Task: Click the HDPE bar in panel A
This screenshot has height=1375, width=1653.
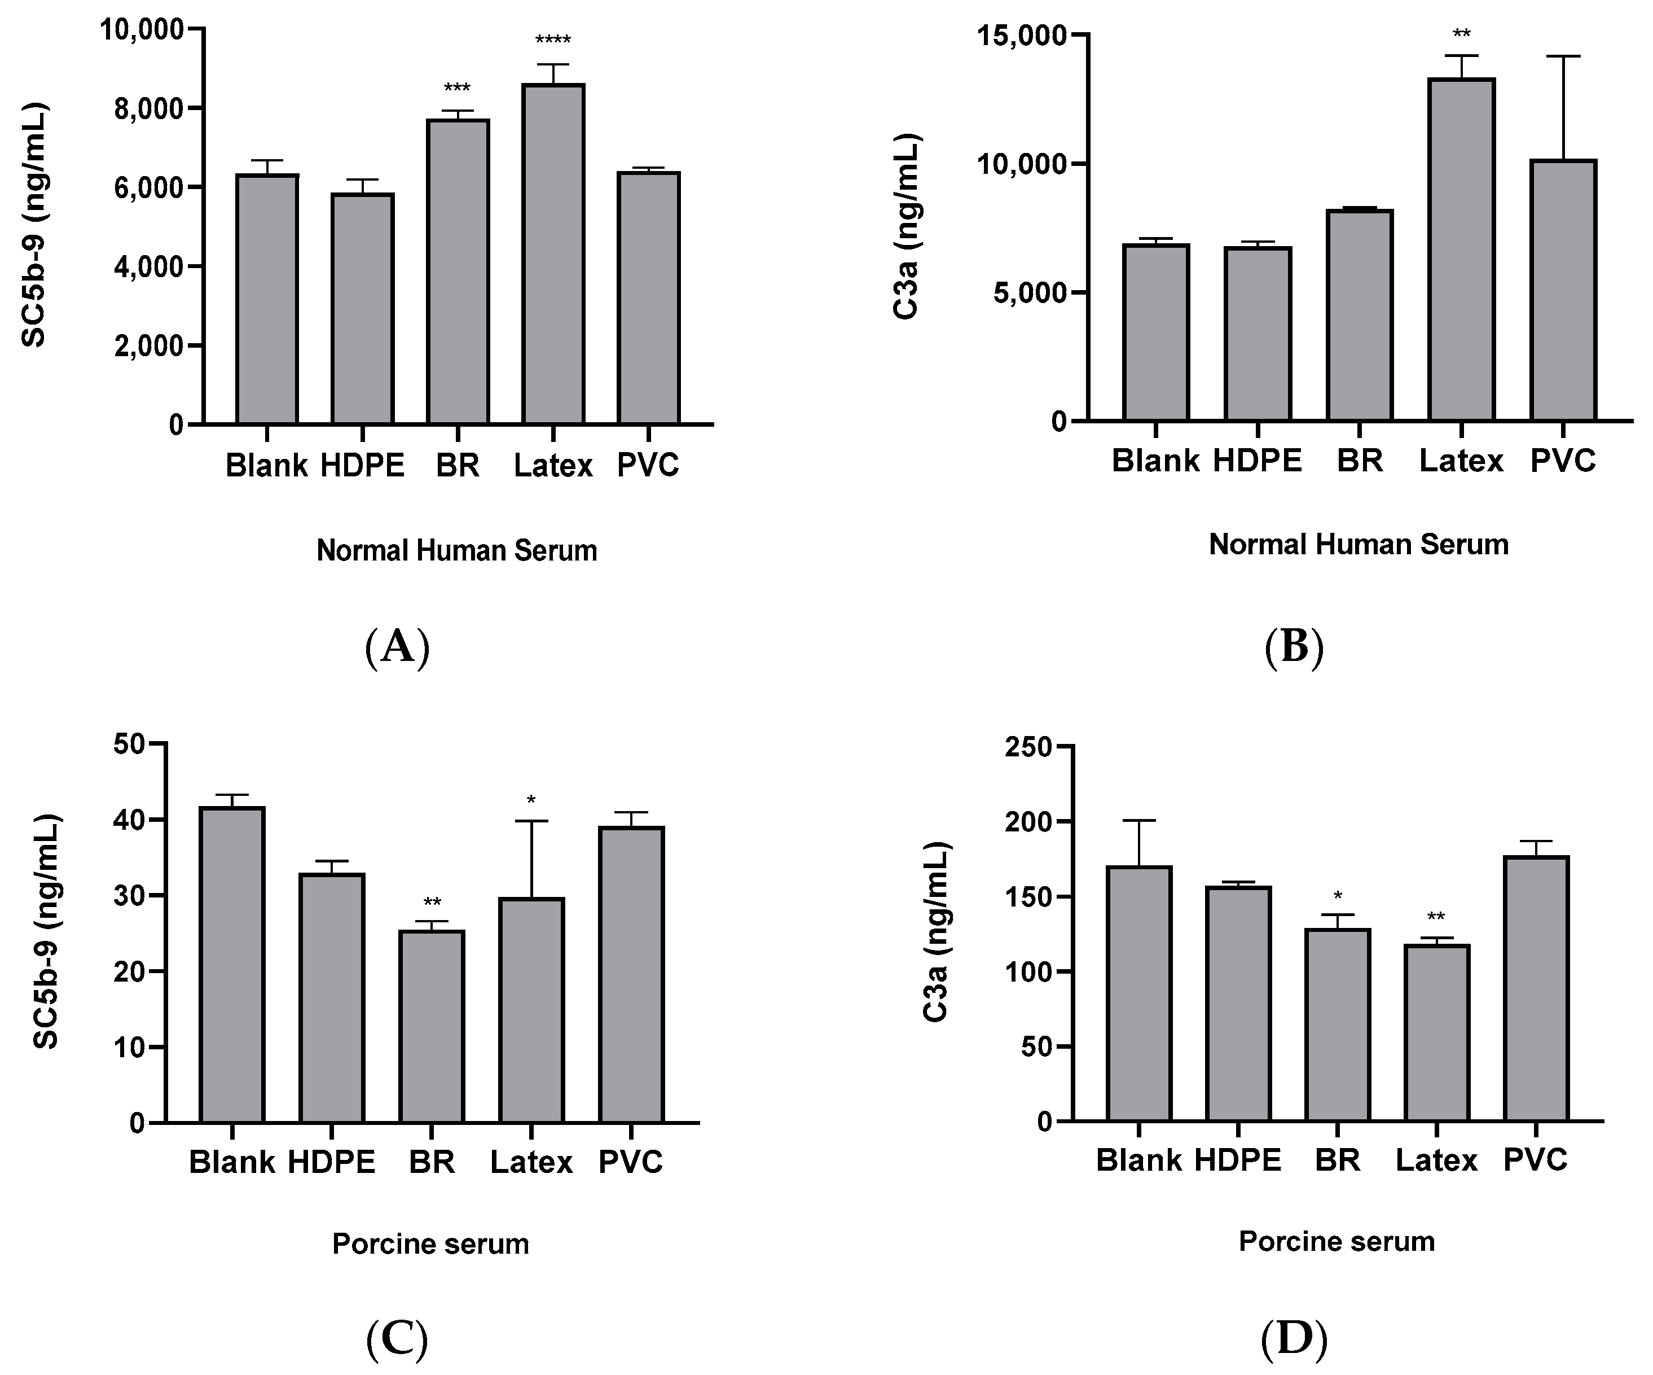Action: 362,309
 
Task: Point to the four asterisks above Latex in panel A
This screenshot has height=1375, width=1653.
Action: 553,40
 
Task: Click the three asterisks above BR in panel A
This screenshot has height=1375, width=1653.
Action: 458,87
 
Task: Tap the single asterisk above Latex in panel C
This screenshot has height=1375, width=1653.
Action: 531,801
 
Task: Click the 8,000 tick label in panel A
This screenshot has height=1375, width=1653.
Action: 148,109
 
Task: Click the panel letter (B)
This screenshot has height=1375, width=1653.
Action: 1294,647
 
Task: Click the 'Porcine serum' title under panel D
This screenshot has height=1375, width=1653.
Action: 1337,1242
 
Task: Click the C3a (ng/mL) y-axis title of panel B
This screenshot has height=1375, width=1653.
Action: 906,227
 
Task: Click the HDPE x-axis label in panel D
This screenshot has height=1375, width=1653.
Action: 1237,1160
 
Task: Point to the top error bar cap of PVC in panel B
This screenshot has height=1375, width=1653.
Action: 1563,56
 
